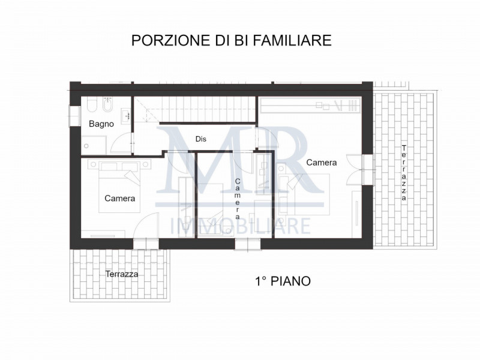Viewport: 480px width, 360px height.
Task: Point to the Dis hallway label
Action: point(200,139)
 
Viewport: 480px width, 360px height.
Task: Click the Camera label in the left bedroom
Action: point(119,198)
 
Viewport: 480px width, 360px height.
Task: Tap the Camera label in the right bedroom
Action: point(322,162)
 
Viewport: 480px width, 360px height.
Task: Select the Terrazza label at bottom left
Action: point(122,274)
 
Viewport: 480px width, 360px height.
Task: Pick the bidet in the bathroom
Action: point(105,107)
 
